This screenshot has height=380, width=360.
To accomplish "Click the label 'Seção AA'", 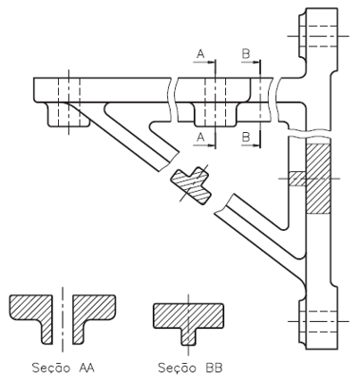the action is coord(64,368).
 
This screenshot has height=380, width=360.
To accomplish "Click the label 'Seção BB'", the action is coord(190,368).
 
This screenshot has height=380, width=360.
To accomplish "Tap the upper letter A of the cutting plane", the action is coord(200,54).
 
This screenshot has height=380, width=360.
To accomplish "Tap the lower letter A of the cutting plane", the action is coord(200,138).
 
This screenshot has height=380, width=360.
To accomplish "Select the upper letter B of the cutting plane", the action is coord(246,54).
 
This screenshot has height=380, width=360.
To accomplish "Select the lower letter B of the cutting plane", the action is coord(246,138).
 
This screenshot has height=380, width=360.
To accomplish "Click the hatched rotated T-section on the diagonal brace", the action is coord(191,185).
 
